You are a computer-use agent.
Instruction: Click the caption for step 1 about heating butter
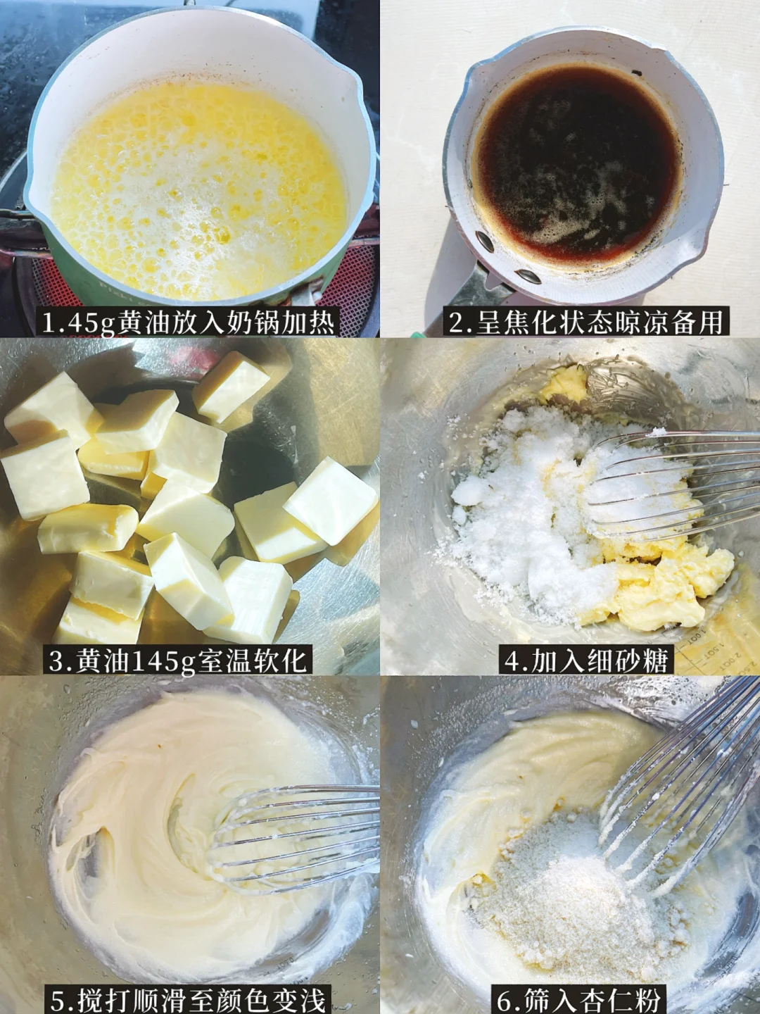coord(189,323)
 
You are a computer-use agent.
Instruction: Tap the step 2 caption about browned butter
coord(586,323)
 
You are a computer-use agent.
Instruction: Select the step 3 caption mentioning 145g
coord(177,661)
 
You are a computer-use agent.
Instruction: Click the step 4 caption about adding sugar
coord(586,661)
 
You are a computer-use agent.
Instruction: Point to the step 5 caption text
coord(189,999)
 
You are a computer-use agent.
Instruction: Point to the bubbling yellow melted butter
coord(198,189)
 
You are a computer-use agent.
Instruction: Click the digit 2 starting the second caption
coord(456,323)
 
